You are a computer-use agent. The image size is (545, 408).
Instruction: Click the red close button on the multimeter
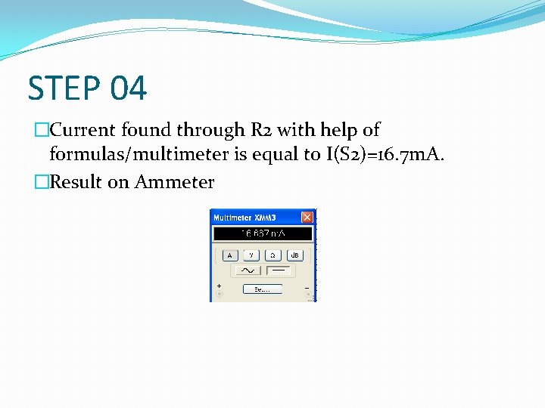tap(307, 218)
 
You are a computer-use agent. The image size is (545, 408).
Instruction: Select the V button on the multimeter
tap(251, 255)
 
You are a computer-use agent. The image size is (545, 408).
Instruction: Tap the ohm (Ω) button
tap(272, 255)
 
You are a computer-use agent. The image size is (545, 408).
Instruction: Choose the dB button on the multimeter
tap(294, 255)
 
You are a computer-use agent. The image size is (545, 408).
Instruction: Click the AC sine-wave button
tap(248, 270)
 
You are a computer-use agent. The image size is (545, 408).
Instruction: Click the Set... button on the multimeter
tap(262, 289)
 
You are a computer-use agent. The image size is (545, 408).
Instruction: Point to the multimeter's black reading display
tap(263, 234)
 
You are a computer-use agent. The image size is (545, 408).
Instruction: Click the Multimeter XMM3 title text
tap(244, 218)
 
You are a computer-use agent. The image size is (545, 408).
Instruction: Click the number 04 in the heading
tap(128, 88)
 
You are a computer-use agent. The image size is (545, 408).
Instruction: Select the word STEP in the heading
tap(64, 88)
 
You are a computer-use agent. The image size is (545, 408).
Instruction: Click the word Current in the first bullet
tap(82, 131)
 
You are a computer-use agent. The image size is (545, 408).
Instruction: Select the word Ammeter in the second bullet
tap(175, 182)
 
